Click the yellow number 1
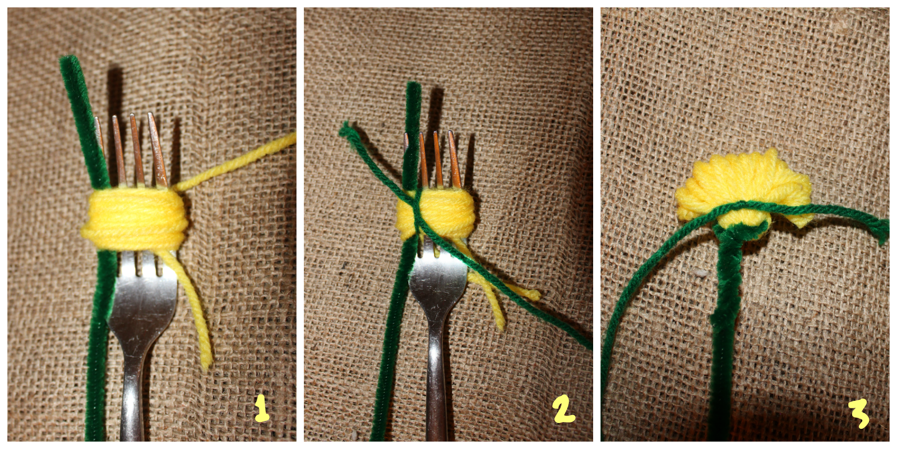click(261, 409)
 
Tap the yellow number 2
click(563, 410)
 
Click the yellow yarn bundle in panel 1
click(135, 219)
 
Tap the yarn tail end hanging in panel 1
click(206, 362)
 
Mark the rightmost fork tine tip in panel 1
click(151, 116)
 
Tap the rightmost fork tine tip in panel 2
click(451, 134)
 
